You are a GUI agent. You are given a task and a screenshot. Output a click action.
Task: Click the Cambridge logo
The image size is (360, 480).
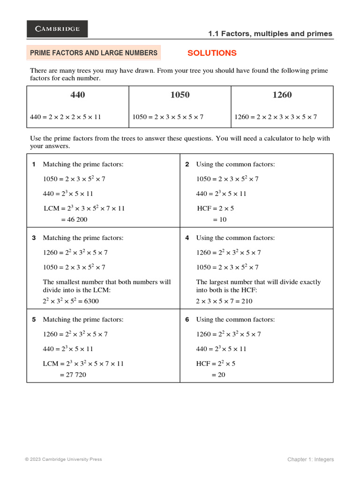[57, 29]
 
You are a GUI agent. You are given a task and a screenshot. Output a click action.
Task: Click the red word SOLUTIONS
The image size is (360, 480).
[212, 53]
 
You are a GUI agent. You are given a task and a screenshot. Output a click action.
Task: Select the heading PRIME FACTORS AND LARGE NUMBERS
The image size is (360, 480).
[94, 53]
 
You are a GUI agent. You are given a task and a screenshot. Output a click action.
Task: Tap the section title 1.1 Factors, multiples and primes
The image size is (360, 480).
[270, 34]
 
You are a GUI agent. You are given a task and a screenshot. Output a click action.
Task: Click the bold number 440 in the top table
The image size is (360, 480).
[78, 95]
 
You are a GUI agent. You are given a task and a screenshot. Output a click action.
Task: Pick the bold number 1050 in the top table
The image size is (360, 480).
[180, 95]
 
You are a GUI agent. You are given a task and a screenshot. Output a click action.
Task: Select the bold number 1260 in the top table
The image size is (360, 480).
[282, 95]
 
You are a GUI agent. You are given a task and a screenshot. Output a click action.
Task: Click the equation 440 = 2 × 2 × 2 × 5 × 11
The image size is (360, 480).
[66, 117]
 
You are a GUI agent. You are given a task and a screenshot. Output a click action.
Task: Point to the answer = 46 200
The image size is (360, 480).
[74, 219]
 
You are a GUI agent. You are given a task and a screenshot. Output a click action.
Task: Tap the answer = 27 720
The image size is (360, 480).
[73, 375]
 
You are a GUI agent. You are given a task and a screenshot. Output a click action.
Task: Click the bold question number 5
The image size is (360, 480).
[34, 320]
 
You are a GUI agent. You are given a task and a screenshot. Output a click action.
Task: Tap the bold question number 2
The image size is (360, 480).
[187, 165]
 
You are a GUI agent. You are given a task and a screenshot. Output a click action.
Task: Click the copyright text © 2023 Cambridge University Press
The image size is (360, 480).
[63, 459]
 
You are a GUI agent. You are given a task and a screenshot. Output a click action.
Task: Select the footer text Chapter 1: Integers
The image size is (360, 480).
[310, 459]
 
